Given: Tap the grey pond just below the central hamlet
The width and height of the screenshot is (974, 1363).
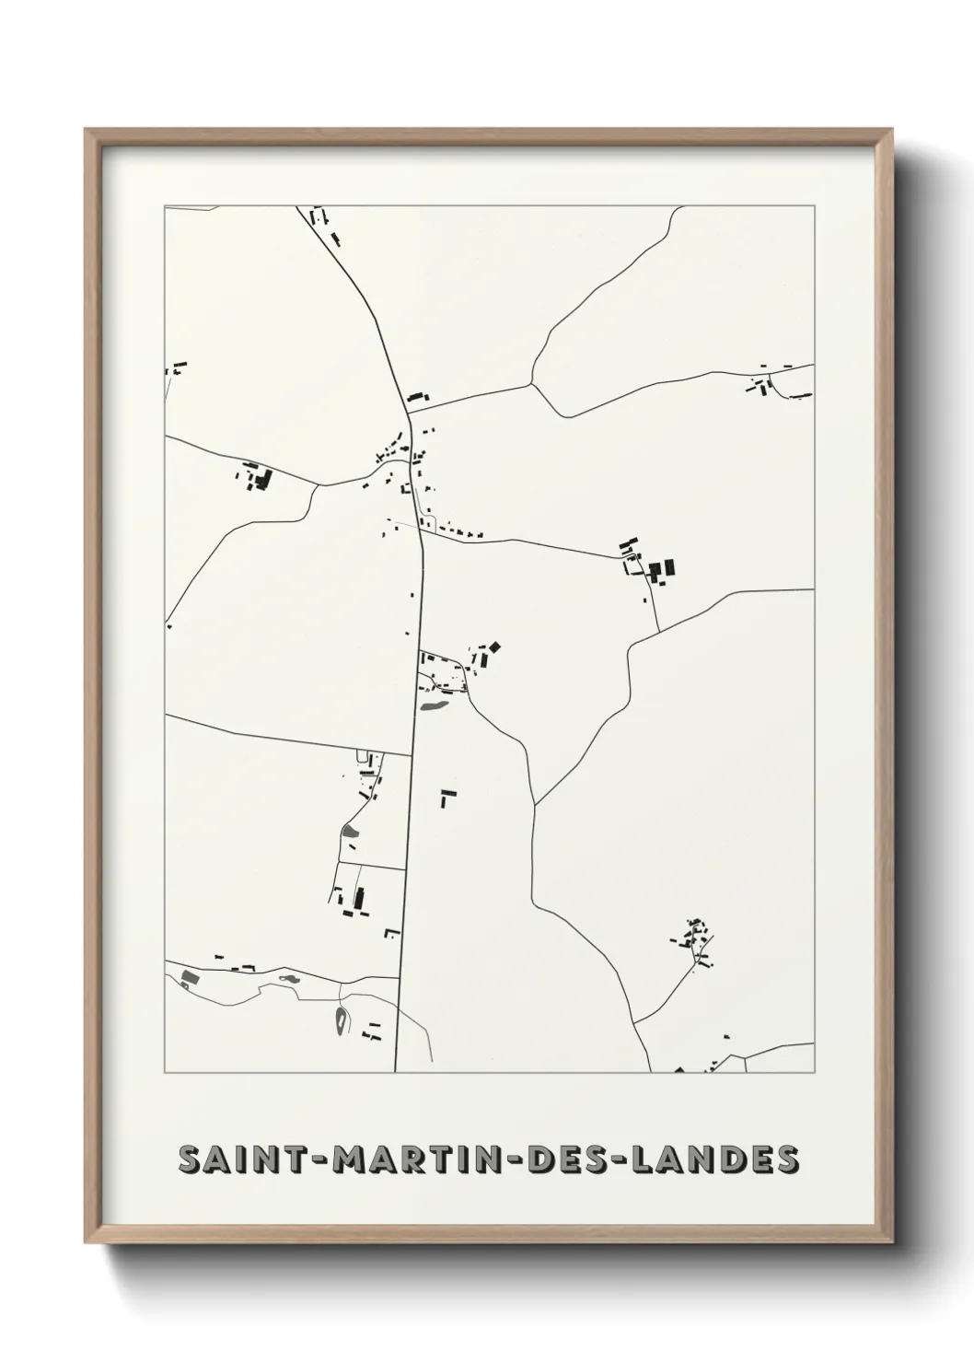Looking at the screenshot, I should (433, 707).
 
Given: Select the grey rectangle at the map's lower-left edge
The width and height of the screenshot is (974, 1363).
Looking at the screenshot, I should (191, 976).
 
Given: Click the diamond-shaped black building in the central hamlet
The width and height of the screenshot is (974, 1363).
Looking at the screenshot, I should (493, 648).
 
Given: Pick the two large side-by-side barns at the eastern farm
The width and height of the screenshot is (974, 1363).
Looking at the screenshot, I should (663, 570).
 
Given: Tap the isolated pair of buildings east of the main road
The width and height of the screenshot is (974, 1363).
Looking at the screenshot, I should (447, 797).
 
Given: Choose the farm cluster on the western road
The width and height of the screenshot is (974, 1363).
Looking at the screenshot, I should (259, 477).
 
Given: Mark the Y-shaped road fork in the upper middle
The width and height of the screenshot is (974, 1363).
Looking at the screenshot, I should (532, 381).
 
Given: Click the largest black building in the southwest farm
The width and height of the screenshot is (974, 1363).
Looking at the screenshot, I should (359, 896).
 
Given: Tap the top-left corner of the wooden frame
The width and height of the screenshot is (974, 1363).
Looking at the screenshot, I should (87, 131).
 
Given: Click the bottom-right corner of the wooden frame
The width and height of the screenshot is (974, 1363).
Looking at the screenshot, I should (892, 1241).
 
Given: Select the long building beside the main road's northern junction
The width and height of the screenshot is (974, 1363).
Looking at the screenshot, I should (419, 398).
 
